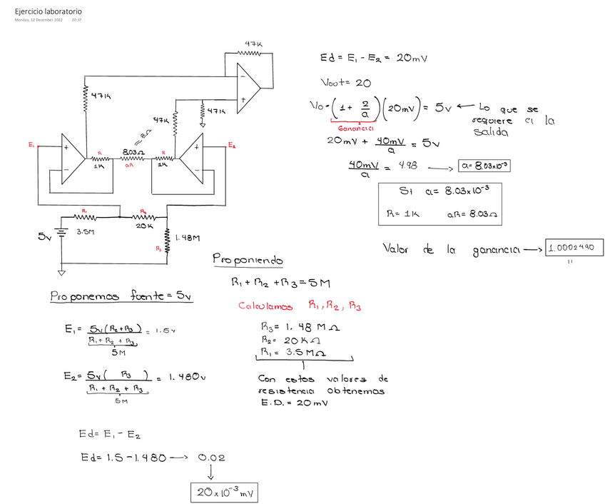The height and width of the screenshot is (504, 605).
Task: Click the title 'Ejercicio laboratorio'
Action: point(48,12)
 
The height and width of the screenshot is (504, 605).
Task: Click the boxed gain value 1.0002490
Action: point(574,248)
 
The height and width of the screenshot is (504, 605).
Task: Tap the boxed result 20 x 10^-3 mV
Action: point(224,492)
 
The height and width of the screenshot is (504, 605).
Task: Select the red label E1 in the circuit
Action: point(31,145)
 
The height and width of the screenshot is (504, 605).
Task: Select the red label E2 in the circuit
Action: point(232,145)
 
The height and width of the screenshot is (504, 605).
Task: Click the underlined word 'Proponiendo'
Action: point(248,261)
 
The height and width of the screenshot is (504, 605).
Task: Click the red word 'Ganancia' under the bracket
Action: point(356,128)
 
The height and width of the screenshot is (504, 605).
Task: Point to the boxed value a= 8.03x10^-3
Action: point(485,166)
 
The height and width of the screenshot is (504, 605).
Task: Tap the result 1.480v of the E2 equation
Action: point(188,377)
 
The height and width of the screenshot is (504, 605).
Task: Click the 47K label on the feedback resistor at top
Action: point(253,44)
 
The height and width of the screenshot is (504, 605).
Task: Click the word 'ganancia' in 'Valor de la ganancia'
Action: point(495,250)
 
